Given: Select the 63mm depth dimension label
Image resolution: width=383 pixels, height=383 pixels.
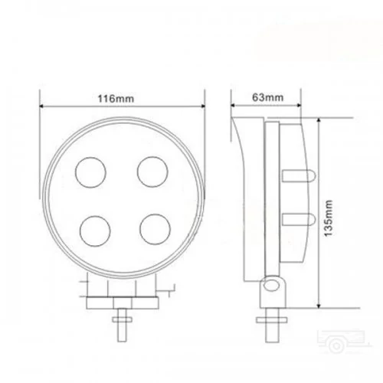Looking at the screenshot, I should pyautogui.click(x=267, y=98).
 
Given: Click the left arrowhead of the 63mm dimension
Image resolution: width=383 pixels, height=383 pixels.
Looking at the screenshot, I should pyautogui.click(x=236, y=106).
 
